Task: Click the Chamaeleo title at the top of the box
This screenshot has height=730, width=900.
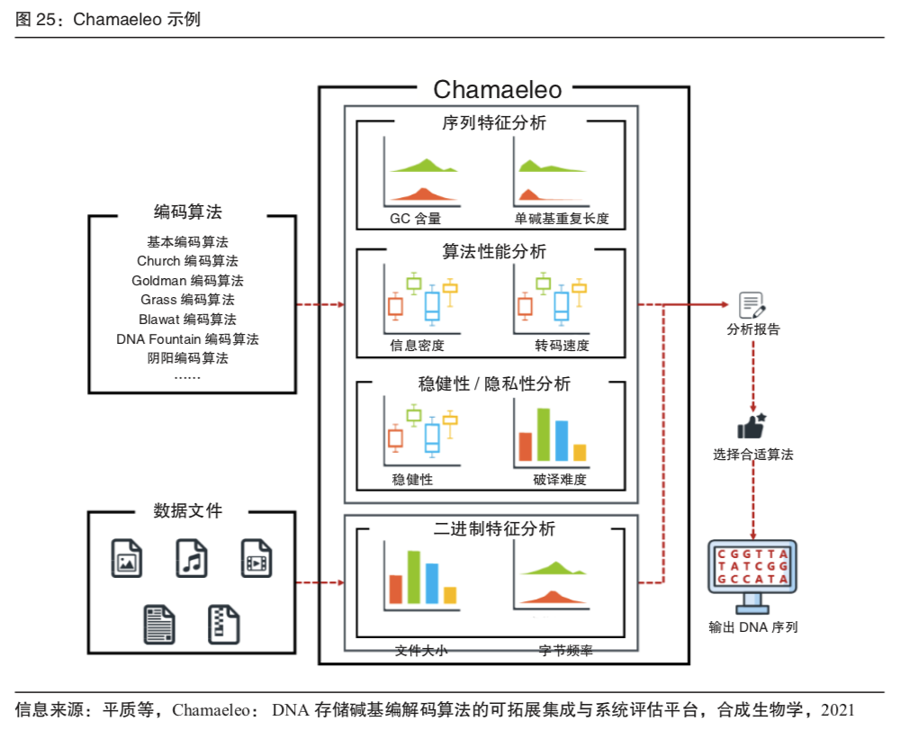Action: (x=497, y=89)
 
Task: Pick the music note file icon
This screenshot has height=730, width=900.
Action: (x=191, y=558)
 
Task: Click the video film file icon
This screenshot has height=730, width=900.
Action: (x=256, y=558)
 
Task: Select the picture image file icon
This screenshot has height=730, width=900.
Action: (x=126, y=558)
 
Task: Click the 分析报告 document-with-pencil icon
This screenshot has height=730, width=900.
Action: (x=751, y=305)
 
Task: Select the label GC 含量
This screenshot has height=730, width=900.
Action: (x=415, y=218)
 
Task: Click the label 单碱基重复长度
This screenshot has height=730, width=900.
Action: (x=562, y=218)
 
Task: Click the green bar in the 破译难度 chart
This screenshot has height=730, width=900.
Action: (x=544, y=435)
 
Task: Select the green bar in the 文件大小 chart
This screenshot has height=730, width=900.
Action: (x=414, y=576)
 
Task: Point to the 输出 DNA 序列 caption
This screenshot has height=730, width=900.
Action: (x=752, y=627)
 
